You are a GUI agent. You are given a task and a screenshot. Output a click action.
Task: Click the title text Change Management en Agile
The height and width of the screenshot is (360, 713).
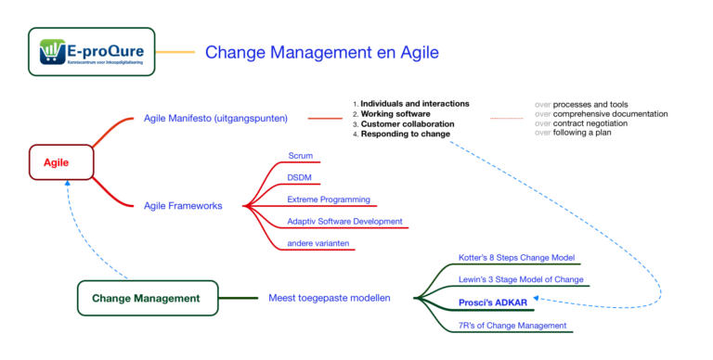[x=321, y=53]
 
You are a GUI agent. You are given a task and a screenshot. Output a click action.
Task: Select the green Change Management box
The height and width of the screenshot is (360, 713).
[x=147, y=298]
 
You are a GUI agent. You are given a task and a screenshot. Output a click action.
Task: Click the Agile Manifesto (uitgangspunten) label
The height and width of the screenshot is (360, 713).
[x=215, y=118]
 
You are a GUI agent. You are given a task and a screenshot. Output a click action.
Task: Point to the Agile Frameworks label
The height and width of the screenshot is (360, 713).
[x=183, y=205]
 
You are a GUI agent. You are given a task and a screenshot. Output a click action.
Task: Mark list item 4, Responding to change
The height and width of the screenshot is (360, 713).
[x=401, y=134]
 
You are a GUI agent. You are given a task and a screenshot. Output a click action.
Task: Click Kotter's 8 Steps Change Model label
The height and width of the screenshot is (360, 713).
[x=517, y=257]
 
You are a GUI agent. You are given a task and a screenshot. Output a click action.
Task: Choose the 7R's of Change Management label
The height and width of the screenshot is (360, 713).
[x=512, y=325]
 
